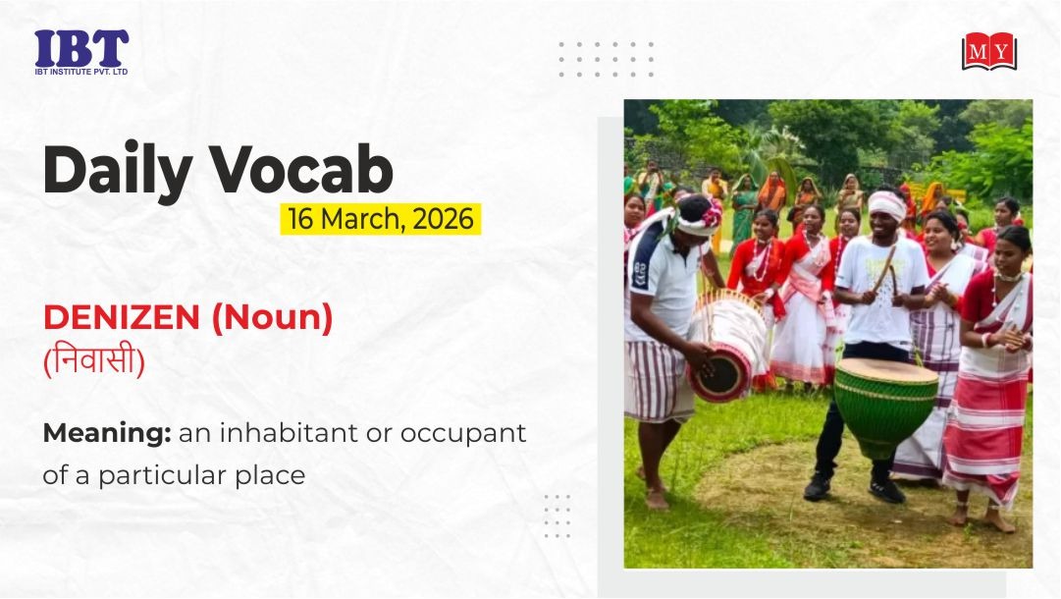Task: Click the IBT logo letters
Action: click(x=81, y=48)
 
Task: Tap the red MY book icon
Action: click(x=989, y=51)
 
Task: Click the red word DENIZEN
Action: click(x=122, y=317)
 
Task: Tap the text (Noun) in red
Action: click(x=272, y=318)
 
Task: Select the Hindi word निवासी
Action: click(x=94, y=360)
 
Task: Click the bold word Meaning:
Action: click(x=107, y=433)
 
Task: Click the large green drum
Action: click(x=885, y=407)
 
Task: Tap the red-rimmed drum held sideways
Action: click(x=728, y=349)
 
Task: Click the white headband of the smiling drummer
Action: click(x=888, y=204)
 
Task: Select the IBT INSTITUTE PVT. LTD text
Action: click(x=81, y=71)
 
